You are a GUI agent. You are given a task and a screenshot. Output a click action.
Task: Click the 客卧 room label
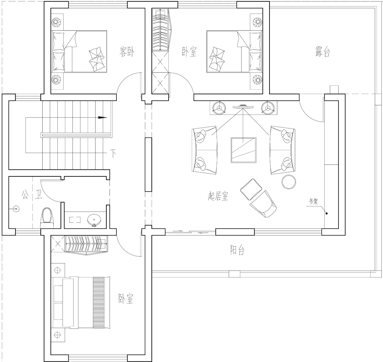coord(127,52)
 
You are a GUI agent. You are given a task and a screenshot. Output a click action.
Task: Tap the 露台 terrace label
coord(323,52)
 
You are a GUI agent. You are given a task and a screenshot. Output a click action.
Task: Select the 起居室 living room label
coord(218,196)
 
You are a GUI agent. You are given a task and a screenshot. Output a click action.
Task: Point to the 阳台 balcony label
coord(237,250)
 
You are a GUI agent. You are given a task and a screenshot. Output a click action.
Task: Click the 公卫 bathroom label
coord(32,194)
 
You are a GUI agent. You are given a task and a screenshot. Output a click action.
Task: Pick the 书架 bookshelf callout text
coord(313,202)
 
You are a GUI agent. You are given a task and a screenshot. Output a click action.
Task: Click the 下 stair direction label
coord(113,153)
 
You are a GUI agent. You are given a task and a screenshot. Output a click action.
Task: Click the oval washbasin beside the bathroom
coord(94,220)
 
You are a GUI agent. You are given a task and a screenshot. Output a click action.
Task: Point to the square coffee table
coord(244,150)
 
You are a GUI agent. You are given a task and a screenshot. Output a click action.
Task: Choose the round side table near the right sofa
coord(289,182)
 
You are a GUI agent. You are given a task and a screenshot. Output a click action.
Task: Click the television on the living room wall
coord(243,107)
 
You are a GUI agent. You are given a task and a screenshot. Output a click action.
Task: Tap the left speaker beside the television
coord(219,108)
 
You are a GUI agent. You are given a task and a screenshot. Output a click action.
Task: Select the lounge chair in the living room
coord(263,204)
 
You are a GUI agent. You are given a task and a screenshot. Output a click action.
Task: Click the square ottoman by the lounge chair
coord(251,189)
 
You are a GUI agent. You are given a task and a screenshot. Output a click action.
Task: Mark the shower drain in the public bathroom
coord(16,209)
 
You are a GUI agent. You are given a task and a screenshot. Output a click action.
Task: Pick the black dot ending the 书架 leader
coord(327,213)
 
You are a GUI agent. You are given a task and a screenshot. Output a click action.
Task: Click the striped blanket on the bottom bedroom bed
coord(99,302)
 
